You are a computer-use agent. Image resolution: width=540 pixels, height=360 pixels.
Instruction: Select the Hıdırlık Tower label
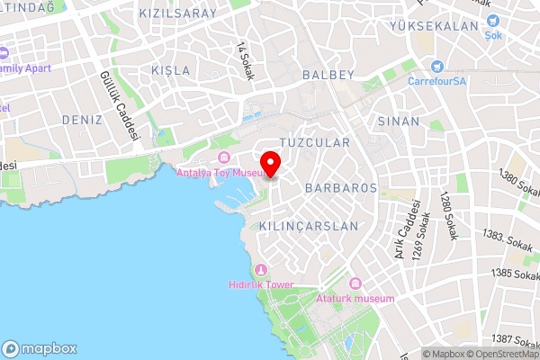pos(261,284)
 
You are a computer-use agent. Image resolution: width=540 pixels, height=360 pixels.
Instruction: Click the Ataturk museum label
pos(355,298)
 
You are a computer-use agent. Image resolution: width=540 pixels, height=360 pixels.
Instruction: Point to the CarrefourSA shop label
pos(436,80)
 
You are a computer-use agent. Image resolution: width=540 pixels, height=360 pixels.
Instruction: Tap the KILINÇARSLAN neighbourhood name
pos(308,226)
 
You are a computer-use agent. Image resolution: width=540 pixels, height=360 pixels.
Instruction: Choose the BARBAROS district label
pos(340,188)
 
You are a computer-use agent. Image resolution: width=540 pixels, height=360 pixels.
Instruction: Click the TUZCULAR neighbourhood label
pos(314,143)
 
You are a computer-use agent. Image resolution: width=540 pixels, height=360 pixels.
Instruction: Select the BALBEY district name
pos(329,75)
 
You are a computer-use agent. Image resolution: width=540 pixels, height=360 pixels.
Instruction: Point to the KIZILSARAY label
pos(178,13)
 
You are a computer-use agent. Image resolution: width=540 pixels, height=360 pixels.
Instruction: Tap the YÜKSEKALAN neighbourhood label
pos(434,27)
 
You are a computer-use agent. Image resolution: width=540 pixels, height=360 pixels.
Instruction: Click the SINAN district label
pos(399,121)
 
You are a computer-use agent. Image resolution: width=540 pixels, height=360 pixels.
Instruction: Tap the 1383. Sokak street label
pos(508,238)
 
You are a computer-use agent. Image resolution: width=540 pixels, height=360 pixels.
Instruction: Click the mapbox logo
pos(40,348)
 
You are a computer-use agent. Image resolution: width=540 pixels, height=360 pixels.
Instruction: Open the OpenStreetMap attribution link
pos(500,354)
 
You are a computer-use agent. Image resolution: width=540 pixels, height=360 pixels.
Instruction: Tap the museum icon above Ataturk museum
pos(355,283)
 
